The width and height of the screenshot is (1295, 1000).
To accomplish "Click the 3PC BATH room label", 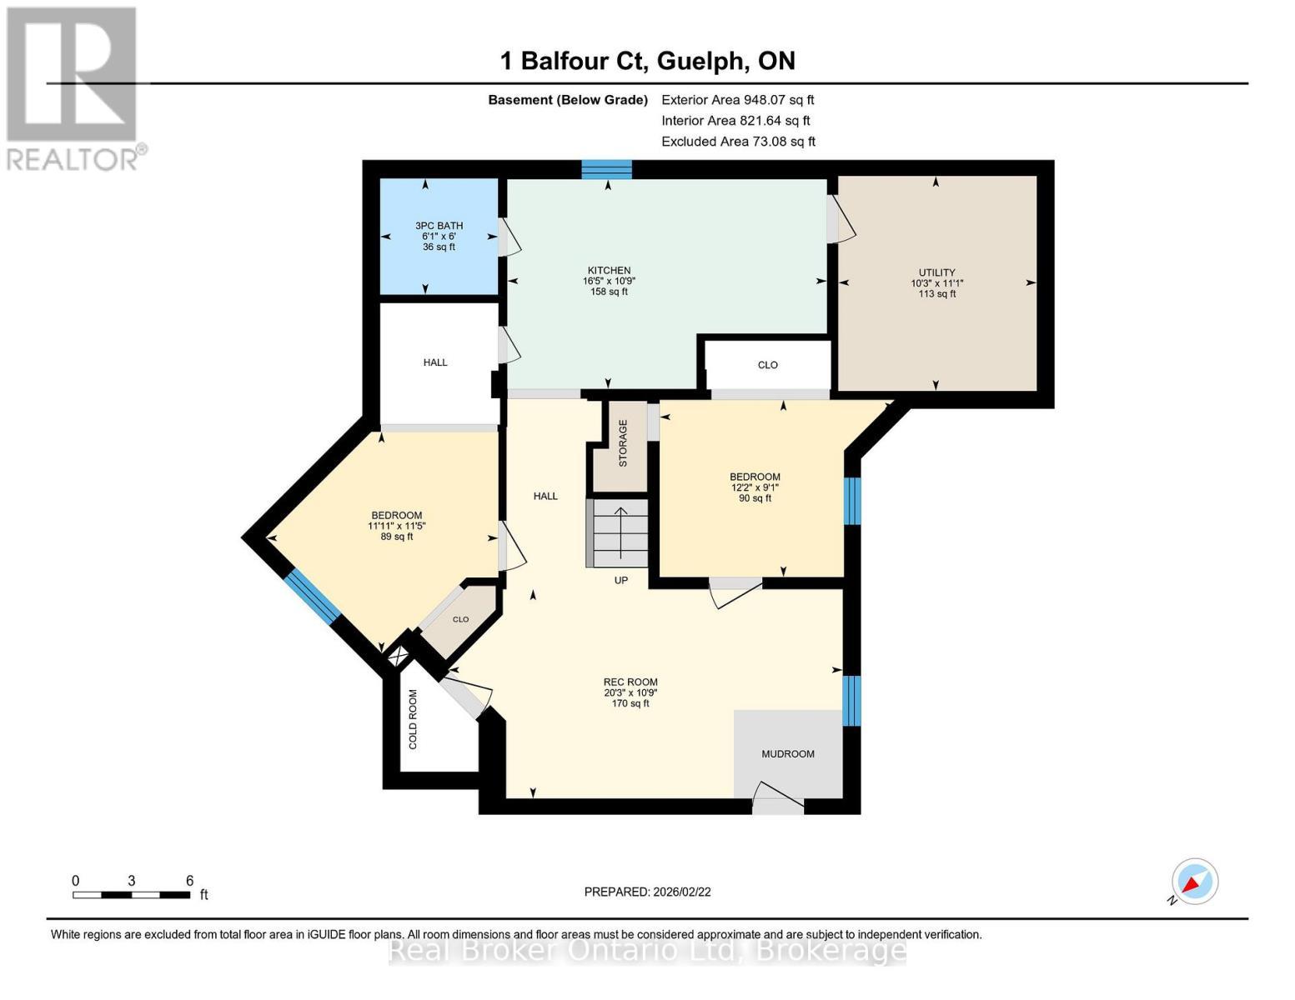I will [x=439, y=226].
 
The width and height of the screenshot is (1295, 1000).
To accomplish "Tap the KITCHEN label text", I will [x=609, y=271].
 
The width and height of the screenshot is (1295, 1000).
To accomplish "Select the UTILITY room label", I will [x=936, y=272].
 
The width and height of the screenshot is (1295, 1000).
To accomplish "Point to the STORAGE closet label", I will [x=623, y=443].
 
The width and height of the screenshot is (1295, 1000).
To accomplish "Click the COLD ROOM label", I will [x=413, y=718].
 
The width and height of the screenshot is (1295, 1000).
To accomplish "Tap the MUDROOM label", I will [x=787, y=754].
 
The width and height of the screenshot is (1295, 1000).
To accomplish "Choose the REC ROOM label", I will [x=630, y=682].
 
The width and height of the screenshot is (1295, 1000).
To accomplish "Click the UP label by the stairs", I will [x=620, y=581].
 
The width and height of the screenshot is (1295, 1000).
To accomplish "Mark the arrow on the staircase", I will [x=620, y=532].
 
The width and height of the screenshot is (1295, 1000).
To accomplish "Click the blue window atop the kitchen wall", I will [x=606, y=170].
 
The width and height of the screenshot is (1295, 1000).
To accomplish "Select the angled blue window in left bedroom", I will [x=312, y=596].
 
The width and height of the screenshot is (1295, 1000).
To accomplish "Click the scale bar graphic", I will [x=131, y=895].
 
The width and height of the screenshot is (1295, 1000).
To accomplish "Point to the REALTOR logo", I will [x=73, y=87].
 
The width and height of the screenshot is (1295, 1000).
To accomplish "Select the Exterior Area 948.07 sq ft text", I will [x=737, y=100].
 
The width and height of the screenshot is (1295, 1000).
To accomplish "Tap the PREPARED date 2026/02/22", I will [x=647, y=892].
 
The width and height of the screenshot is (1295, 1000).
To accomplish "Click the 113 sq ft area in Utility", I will [x=936, y=294].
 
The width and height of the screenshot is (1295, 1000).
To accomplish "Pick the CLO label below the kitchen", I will [x=767, y=365].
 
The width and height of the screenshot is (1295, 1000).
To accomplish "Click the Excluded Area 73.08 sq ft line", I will [x=738, y=142].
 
